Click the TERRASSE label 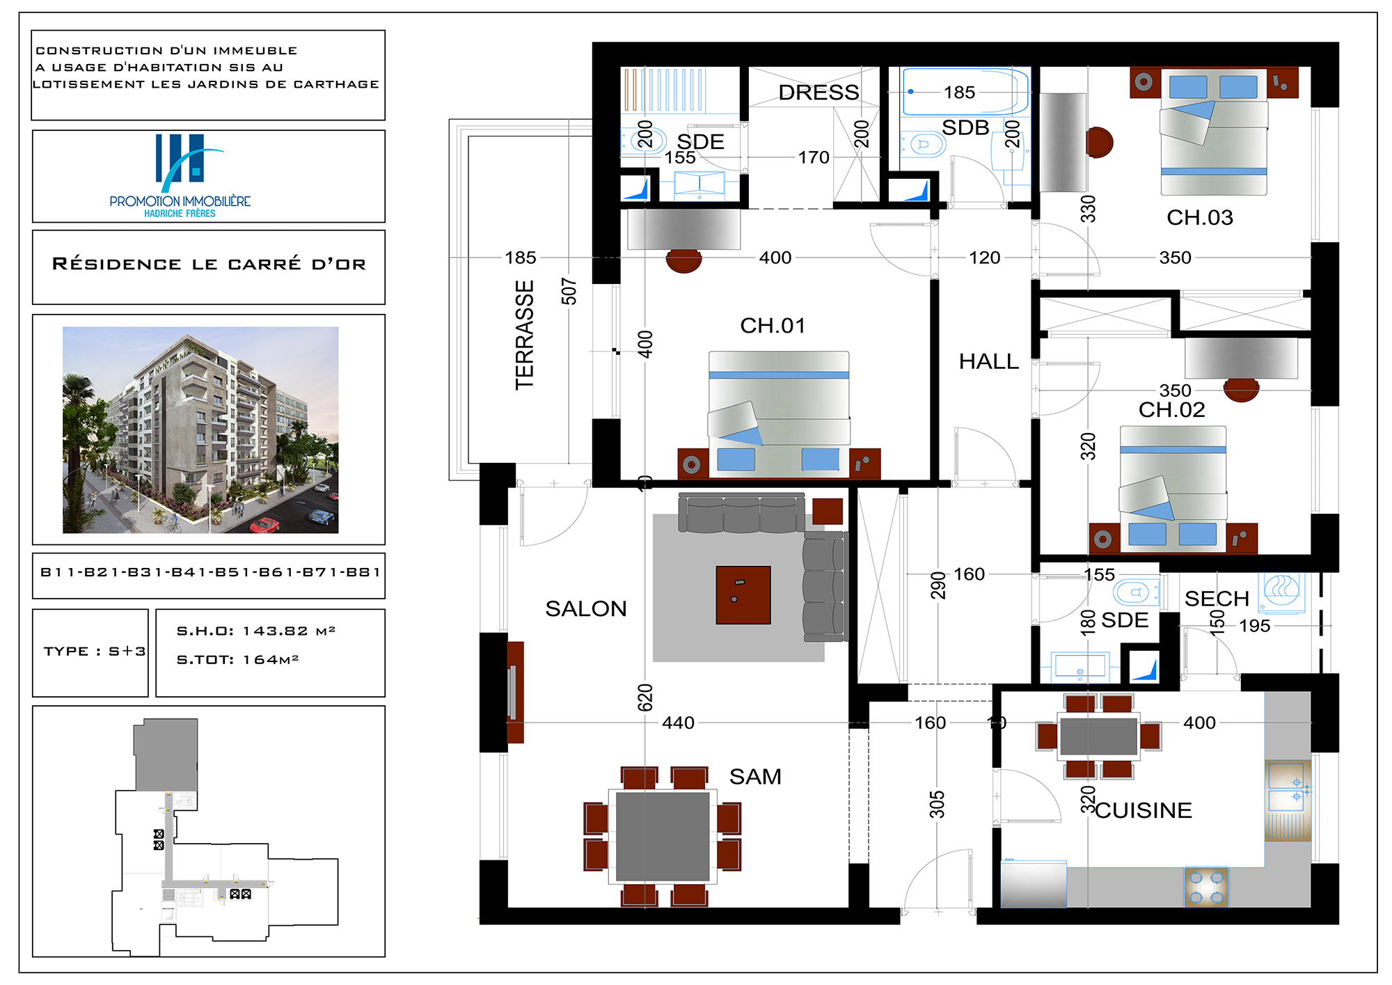[x=525, y=335]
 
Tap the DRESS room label [x=818, y=93]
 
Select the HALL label [x=988, y=361]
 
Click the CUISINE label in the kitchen [x=1144, y=810]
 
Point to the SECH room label [x=1217, y=599]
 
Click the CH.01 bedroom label [x=773, y=325]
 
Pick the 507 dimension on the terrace [x=569, y=292]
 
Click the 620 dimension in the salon [x=645, y=698]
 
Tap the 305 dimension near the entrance [x=937, y=805]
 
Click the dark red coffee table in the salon [x=743, y=595]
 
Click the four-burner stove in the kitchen [x=1206, y=887]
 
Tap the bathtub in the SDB [x=965, y=91]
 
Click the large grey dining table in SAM [x=663, y=836]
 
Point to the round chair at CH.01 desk [x=683, y=260]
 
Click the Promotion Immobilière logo [x=180, y=176]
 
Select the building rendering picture [x=200, y=430]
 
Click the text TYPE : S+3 [x=95, y=652]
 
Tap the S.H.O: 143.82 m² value [x=256, y=631]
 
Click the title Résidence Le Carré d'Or [x=209, y=264]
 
